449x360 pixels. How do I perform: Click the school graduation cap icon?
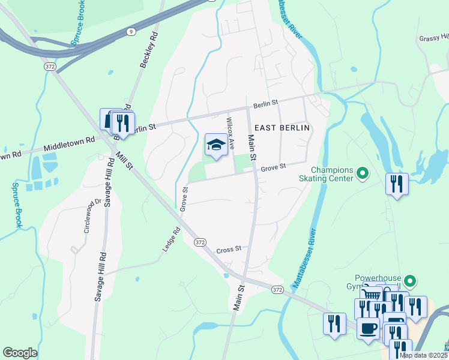(x=216, y=145)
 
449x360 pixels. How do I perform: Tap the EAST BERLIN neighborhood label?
(x=282, y=128)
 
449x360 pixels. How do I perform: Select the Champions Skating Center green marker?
(x=362, y=174)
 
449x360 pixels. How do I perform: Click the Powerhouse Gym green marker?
(x=410, y=281)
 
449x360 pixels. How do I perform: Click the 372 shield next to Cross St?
(x=200, y=241)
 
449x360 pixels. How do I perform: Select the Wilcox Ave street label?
(x=229, y=128)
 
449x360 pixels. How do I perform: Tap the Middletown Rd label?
(x=70, y=143)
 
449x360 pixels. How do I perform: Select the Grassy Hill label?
(x=433, y=38)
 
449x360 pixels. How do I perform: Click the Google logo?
(x=20, y=353)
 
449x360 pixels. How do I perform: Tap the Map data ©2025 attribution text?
(x=423, y=355)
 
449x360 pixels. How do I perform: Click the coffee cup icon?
(x=368, y=328)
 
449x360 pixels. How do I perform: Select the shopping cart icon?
(x=373, y=295)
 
